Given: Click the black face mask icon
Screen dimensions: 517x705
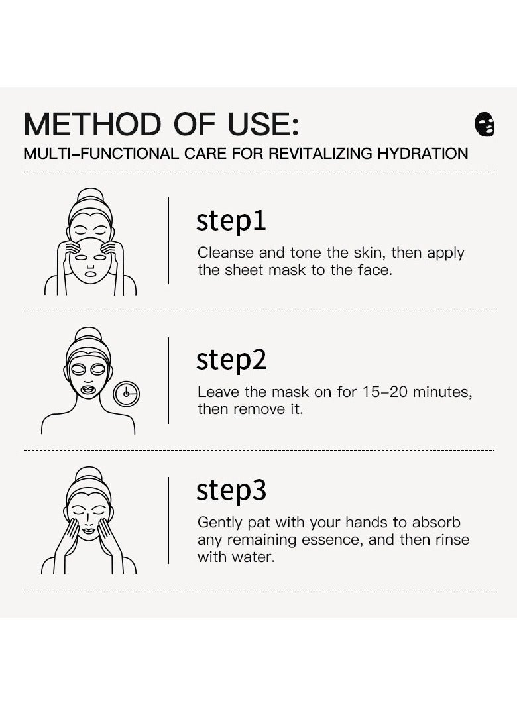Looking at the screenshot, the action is click(x=485, y=125).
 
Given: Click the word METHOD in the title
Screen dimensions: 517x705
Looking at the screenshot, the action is click(x=92, y=124).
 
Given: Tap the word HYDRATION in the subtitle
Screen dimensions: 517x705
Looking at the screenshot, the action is click(x=423, y=154).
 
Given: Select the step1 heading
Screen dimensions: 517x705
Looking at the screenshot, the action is click(x=231, y=221).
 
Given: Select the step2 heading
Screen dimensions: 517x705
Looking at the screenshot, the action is click(x=231, y=360).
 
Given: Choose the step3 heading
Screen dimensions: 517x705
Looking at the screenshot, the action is click(x=231, y=490).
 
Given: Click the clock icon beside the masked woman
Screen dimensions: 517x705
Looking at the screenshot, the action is click(x=127, y=394).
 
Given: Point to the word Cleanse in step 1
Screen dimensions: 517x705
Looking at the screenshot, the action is click(x=226, y=252).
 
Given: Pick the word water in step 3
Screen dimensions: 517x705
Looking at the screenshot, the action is click(x=253, y=557).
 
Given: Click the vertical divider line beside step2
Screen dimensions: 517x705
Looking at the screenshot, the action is click(x=169, y=380).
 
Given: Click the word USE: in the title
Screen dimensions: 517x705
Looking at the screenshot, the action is click(x=263, y=124).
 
